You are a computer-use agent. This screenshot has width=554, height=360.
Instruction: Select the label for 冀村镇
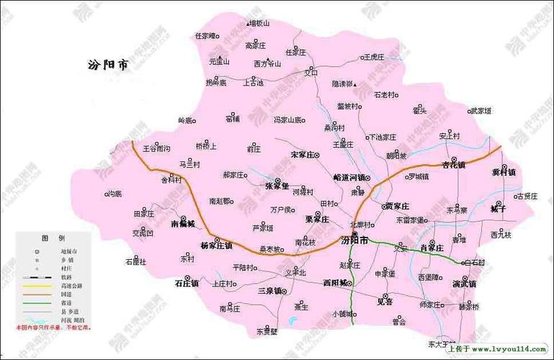[503, 172]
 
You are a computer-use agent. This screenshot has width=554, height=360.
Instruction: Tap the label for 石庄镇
[187, 284]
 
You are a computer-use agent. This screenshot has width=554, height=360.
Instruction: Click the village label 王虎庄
[375, 56]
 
